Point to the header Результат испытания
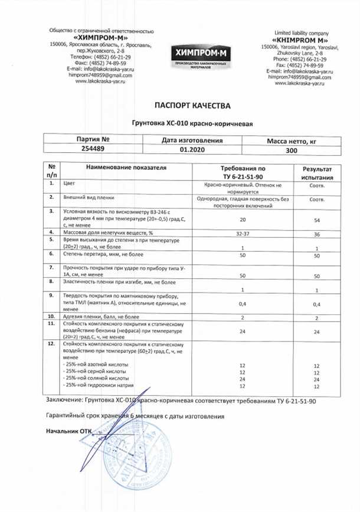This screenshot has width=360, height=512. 318,172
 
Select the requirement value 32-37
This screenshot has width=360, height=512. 243,234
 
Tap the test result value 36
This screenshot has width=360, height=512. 317,234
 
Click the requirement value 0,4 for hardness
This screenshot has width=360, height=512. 243,304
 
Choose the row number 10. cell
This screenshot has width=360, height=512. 52,317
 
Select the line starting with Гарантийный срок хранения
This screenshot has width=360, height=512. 135,416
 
